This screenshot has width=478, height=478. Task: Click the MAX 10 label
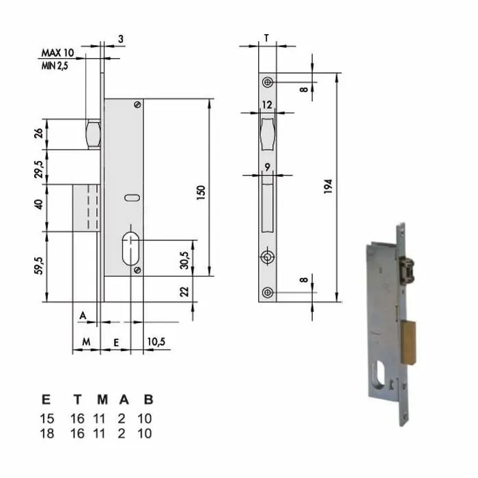[58, 53]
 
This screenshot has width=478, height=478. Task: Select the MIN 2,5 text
[57, 64]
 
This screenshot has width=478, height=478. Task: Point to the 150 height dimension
[201, 193]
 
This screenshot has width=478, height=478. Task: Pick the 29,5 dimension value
[39, 167]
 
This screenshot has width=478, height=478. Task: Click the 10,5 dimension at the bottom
[156, 341]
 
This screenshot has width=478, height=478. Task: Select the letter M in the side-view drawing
[86, 341]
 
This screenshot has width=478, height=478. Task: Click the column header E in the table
[45, 401]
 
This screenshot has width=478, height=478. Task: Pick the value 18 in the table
[46, 433]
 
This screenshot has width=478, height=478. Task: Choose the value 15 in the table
[46, 419]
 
